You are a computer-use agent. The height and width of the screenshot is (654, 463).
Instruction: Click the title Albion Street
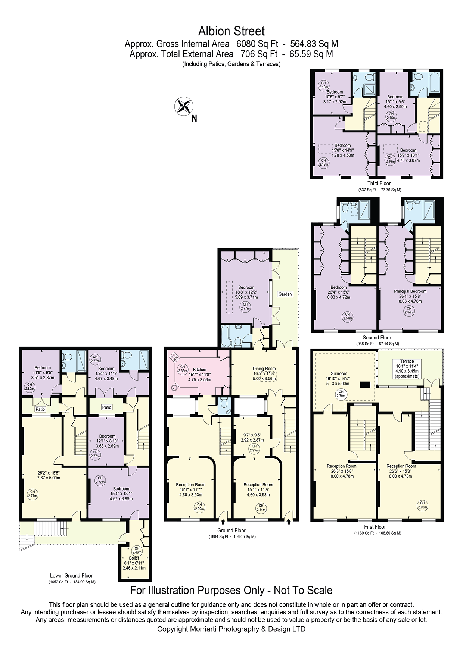coord(231,31)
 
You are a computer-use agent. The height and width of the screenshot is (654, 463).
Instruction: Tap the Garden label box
coord(285,294)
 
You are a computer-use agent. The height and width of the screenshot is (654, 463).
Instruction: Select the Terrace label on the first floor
coord(407,361)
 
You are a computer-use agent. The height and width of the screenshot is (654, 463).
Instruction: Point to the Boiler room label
coord(134,558)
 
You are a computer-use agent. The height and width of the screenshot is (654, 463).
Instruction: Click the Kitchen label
coord(199,370)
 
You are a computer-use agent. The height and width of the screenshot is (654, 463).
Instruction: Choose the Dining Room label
coord(264,369)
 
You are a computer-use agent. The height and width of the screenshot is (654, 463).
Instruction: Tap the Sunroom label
coord(339,373)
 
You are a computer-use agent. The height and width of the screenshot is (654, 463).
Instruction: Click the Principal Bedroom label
coord(410,291)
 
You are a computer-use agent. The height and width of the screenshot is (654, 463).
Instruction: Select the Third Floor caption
coord(379,184)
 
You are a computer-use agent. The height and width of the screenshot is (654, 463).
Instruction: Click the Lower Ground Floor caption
coord(71,576)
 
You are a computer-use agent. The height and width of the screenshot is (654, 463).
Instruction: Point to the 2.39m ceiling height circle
coord(183,369)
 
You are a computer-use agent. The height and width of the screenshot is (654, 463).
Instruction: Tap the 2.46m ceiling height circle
coord(137,550)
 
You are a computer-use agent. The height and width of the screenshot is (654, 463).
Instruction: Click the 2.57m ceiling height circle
coord(348,316)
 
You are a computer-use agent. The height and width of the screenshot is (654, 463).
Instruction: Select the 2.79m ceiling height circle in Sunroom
coord(341,394)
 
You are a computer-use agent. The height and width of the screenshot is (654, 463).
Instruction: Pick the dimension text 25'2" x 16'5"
coord(49,473)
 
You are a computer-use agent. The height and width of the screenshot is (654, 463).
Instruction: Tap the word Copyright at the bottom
coord(172,629)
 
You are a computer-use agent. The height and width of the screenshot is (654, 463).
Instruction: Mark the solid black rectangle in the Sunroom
coord(365,384)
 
